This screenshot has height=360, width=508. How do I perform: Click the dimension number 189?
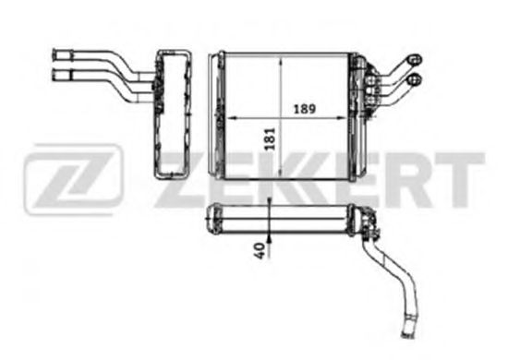pos(304,109)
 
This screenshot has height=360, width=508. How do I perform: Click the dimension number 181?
pos(270,138)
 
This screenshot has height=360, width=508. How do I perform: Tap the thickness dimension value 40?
pos(260,250)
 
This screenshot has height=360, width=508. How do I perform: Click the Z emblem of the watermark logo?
pos(73,179)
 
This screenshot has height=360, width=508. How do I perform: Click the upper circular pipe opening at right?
pos(415,60)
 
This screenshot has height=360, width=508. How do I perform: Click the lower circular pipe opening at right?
pos(415,79)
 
